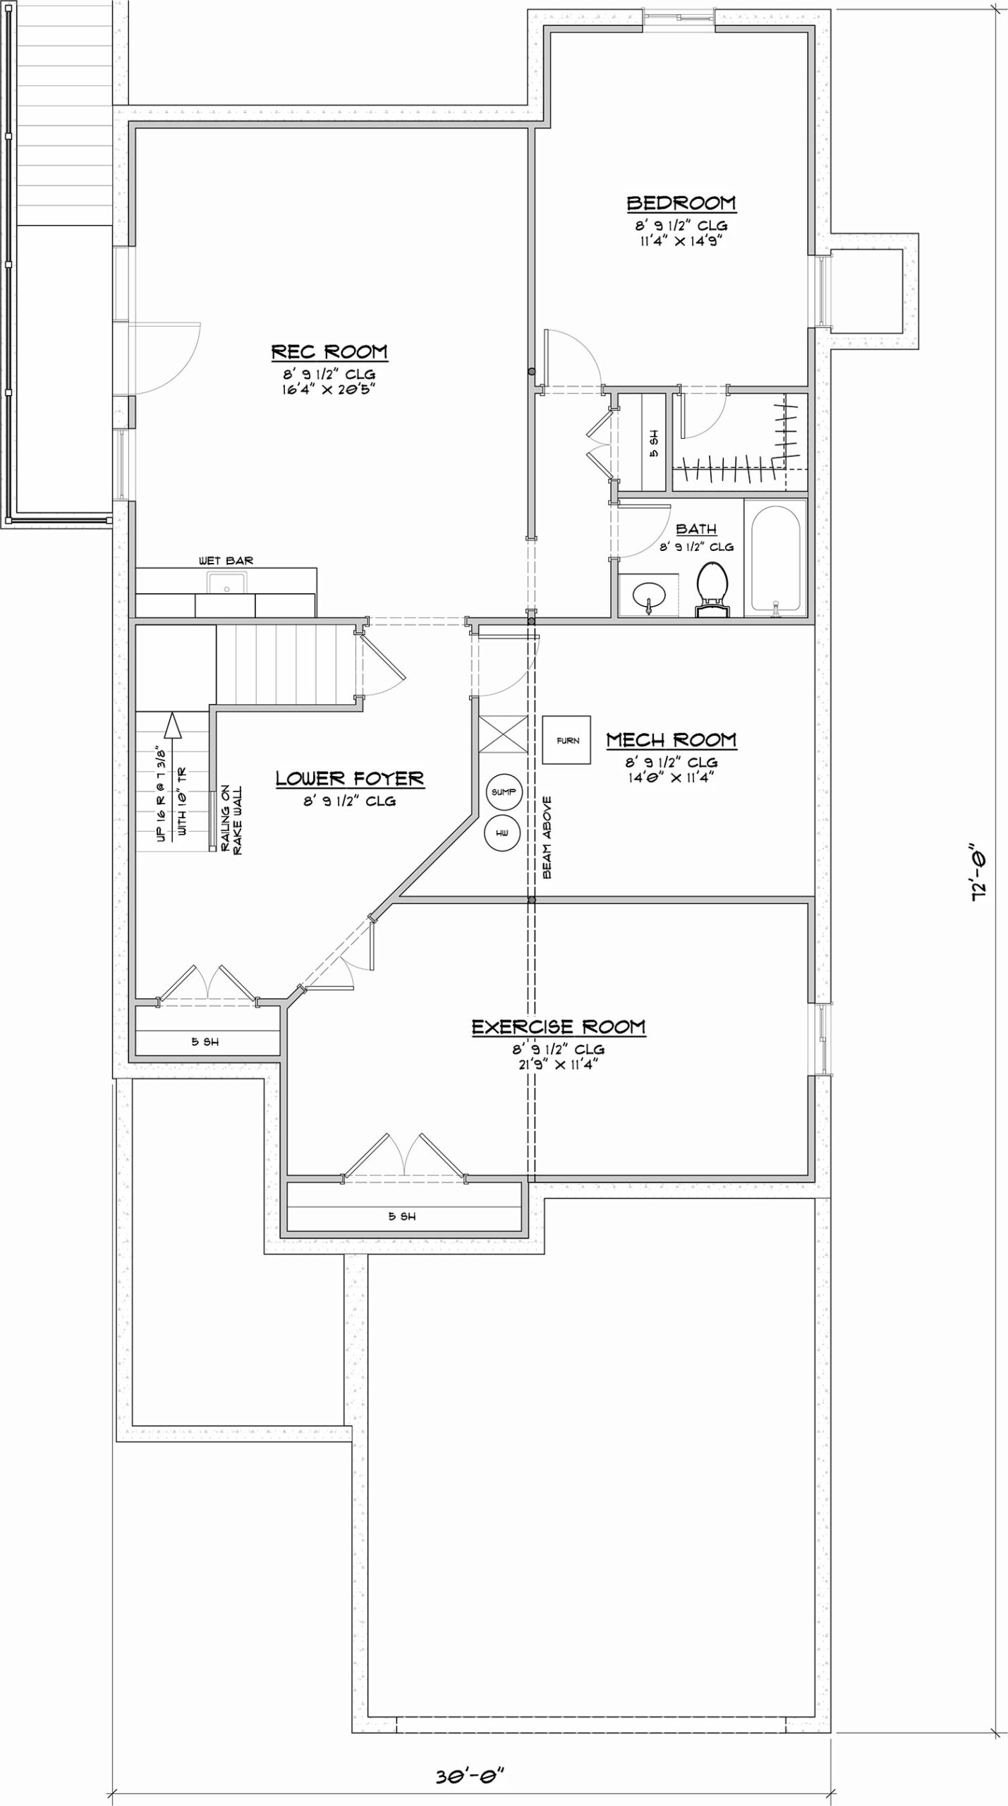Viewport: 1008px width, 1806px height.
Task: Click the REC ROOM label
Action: (329, 351)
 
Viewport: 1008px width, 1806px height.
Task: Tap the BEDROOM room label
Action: (681, 203)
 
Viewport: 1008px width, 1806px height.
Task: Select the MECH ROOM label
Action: (672, 740)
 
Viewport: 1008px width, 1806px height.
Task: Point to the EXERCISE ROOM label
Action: (558, 1027)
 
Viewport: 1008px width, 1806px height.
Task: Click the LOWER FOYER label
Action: (350, 779)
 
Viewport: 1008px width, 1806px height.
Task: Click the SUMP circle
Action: (503, 792)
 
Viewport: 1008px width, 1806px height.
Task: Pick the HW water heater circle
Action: (502, 833)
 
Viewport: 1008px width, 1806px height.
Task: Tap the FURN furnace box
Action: (567, 740)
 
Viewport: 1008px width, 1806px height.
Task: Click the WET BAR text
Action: (226, 561)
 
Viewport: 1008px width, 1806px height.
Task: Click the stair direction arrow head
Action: (171, 725)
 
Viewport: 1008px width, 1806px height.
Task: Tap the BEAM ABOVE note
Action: (547, 837)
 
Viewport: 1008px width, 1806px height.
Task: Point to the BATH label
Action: (696, 529)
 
